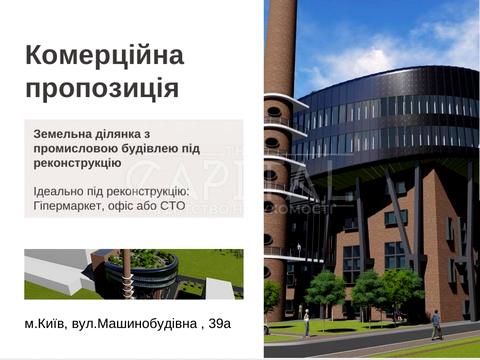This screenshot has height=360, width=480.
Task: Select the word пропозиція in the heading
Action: [x=101, y=87]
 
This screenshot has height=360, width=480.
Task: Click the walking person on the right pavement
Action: [x=436, y=324]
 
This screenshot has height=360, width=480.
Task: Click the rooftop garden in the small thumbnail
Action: [x=150, y=259]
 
